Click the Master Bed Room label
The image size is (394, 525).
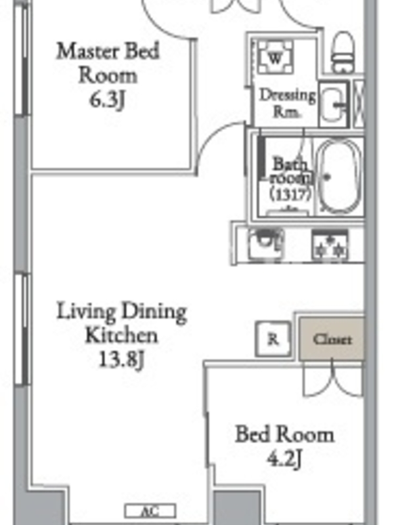point(108,63)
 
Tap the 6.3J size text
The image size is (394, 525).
point(107,100)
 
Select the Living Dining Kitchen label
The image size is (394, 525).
point(121,323)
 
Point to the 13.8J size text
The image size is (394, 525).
point(121,360)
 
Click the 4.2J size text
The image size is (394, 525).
point(284,458)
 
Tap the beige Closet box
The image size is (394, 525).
point(332,339)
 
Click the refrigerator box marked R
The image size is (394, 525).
point(273,339)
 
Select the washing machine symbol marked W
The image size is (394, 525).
point(275,58)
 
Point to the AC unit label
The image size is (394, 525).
point(150,511)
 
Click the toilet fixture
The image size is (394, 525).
point(343,52)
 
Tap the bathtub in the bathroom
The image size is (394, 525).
point(339,177)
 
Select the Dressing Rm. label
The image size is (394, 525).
point(288,104)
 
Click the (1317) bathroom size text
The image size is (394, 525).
point(291,194)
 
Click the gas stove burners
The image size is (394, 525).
point(330,245)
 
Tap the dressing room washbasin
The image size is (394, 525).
point(334,104)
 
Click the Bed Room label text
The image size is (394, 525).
point(284,434)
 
